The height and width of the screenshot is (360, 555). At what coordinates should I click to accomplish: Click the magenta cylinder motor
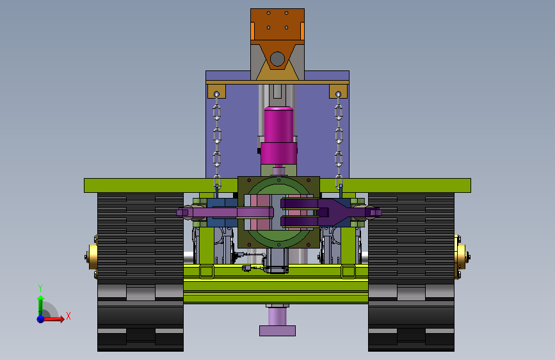(x=278, y=136)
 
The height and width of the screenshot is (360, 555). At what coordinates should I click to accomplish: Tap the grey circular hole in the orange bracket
(x=277, y=59)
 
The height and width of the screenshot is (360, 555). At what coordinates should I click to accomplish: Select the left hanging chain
(x=216, y=142)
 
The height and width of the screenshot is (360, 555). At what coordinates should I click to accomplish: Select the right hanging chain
(x=339, y=142)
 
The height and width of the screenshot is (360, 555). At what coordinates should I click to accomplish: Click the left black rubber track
(x=141, y=272)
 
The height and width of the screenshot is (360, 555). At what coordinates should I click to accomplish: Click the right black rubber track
(x=411, y=272)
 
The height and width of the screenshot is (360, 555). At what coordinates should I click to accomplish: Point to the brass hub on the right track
(x=462, y=256)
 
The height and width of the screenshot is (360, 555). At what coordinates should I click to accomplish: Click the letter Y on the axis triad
(x=40, y=288)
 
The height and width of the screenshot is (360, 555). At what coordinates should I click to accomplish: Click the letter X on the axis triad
(x=68, y=316)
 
